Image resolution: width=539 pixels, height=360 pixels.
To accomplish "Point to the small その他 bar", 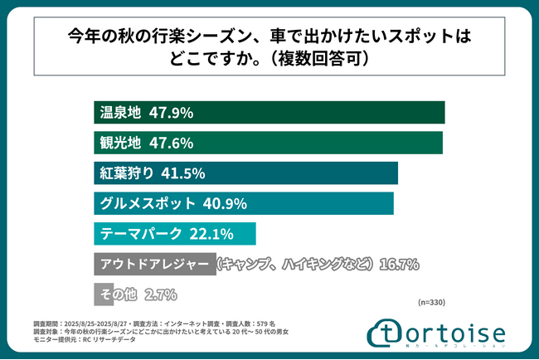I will (x=91, y=294).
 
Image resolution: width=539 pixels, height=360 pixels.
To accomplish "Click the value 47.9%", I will (x=172, y=112).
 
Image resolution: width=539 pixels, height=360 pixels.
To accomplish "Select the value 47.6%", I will (x=172, y=143).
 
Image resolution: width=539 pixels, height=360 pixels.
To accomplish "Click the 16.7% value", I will (x=399, y=264).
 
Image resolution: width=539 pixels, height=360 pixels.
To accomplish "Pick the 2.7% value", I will (x=161, y=294).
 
